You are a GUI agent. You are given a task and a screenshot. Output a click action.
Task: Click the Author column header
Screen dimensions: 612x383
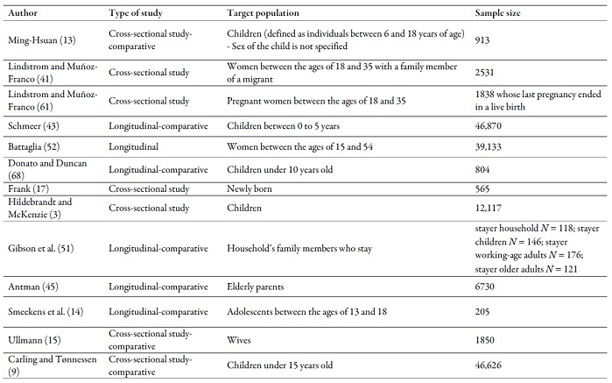click(x=23, y=13)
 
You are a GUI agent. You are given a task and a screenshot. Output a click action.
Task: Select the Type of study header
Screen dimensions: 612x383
click(x=136, y=13)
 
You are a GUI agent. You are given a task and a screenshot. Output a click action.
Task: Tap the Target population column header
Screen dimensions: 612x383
click(x=263, y=13)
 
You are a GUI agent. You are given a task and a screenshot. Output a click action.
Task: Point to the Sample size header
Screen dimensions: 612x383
click(x=497, y=13)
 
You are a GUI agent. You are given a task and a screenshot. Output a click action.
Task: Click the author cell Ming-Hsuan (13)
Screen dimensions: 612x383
click(x=42, y=39)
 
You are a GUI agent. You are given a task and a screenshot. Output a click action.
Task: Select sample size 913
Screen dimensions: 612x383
click(x=482, y=39)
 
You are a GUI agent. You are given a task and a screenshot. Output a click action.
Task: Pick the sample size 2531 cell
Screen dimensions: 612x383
click(x=484, y=72)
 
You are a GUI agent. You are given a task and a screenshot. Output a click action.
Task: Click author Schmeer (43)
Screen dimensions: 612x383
click(x=33, y=126)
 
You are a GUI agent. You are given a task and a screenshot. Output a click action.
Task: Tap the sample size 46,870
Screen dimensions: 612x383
click(x=488, y=126)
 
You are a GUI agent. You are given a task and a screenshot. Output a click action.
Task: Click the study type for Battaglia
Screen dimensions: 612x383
click(x=133, y=146)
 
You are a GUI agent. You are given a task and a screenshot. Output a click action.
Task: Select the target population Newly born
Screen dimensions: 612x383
click(x=249, y=188)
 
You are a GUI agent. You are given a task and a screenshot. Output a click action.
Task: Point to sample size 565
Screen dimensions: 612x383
click(x=482, y=188)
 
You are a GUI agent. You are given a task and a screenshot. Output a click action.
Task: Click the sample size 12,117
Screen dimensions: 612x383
click(x=488, y=208)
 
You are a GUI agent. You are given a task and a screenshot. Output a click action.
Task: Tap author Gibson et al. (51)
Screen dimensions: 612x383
click(x=40, y=249)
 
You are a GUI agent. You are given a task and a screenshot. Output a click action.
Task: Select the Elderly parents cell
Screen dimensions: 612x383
click(x=256, y=287)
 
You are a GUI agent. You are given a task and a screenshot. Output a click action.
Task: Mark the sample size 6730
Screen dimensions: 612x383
click(x=484, y=287)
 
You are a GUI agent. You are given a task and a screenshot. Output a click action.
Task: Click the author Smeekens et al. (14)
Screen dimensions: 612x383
click(x=46, y=311)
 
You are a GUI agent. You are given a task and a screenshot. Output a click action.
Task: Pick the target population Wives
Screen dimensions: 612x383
click(x=238, y=340)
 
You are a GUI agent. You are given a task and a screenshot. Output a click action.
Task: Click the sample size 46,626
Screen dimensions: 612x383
click(x=488, y=365)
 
